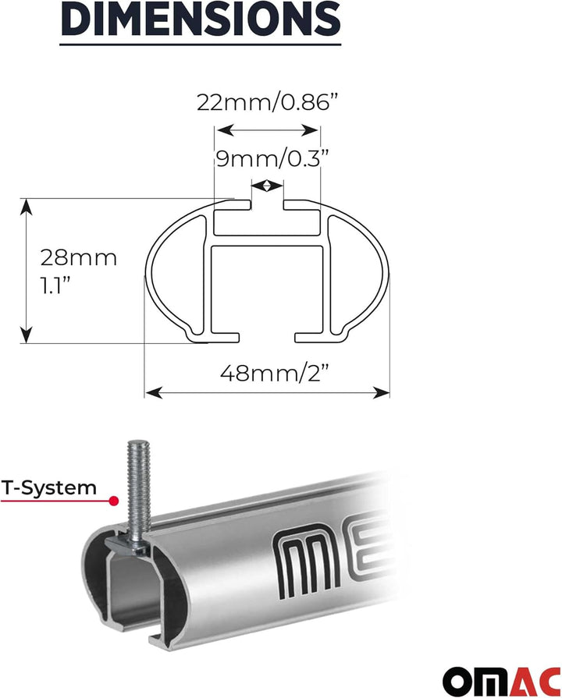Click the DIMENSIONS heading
tap(201, 19)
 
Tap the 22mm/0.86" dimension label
tap(268, 101)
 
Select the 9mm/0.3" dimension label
tap(268, 158)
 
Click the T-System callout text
tap(48, 488)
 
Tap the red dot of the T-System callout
tap(114, 500)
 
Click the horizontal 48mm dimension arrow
tap(266, 392)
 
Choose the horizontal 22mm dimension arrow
tap(268, 130)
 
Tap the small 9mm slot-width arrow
tap(268, 186)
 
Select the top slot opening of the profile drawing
tap(267, 205)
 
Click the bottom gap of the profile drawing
tap(266, 337)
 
